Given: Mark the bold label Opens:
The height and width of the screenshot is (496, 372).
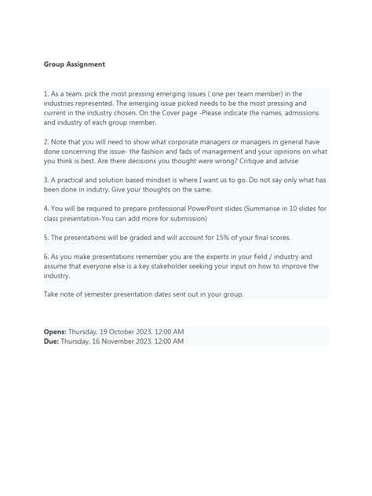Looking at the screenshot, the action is pos(55,332).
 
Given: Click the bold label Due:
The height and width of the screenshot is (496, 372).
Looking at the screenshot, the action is pos(51,341).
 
